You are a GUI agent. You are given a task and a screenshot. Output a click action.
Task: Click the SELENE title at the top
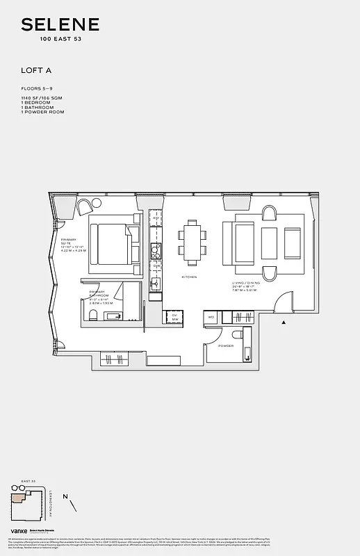[60, 25]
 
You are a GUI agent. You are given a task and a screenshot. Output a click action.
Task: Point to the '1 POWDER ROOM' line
[42, 111]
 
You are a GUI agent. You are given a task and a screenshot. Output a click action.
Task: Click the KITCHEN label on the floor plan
[189, 277]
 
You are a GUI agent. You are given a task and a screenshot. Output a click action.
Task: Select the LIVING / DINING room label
[246, 284]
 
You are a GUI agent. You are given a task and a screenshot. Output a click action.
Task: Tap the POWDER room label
[226, 345]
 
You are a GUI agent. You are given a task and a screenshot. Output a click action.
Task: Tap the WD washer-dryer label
[211, 317]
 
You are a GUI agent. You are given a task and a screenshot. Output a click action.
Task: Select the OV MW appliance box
[175, 316]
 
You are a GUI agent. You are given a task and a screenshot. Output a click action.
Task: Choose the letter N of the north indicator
[65, 496]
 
